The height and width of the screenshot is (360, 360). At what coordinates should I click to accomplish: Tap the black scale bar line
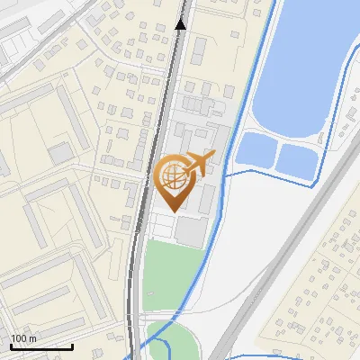point(41,346)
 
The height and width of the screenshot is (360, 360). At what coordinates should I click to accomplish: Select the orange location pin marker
point(174,184)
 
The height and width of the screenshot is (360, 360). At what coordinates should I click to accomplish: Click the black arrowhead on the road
point(181,23)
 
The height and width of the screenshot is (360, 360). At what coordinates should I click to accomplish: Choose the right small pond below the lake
point(296,162)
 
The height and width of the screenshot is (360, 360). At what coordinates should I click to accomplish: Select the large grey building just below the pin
point(190,230)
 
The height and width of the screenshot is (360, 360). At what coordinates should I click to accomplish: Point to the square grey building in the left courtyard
point(60,154)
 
